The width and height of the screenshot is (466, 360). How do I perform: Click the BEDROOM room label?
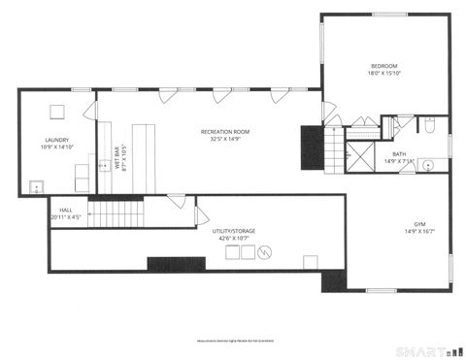coord(385,65)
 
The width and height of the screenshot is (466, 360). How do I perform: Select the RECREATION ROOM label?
coord(225,131)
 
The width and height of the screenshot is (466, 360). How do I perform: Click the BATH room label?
coord(399,153)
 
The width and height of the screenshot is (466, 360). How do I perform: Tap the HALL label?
coord(66,210)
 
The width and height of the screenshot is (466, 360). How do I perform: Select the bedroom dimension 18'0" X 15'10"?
coord(385,74)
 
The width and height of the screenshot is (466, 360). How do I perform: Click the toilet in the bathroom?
coord(429,125)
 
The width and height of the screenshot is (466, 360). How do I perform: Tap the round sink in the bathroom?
coord(427,166)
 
